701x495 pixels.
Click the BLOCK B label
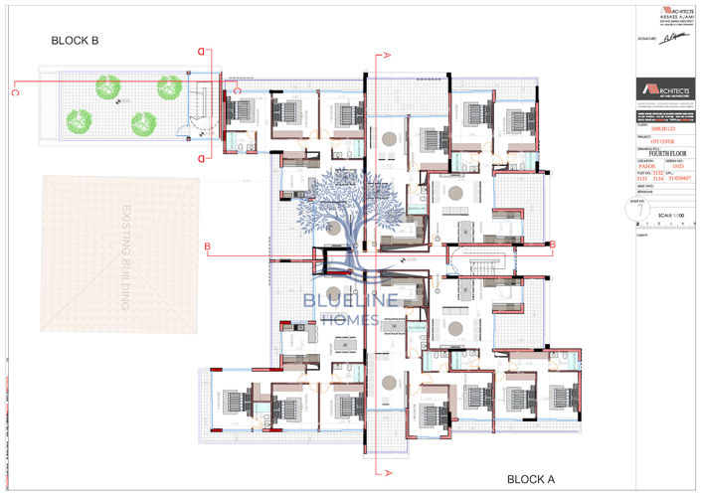[75, 42]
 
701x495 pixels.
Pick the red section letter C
[15, 92]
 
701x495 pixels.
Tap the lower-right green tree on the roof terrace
[143, 122]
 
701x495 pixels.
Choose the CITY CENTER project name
[661, 140]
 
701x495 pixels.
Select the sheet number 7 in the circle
[641, 212]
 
